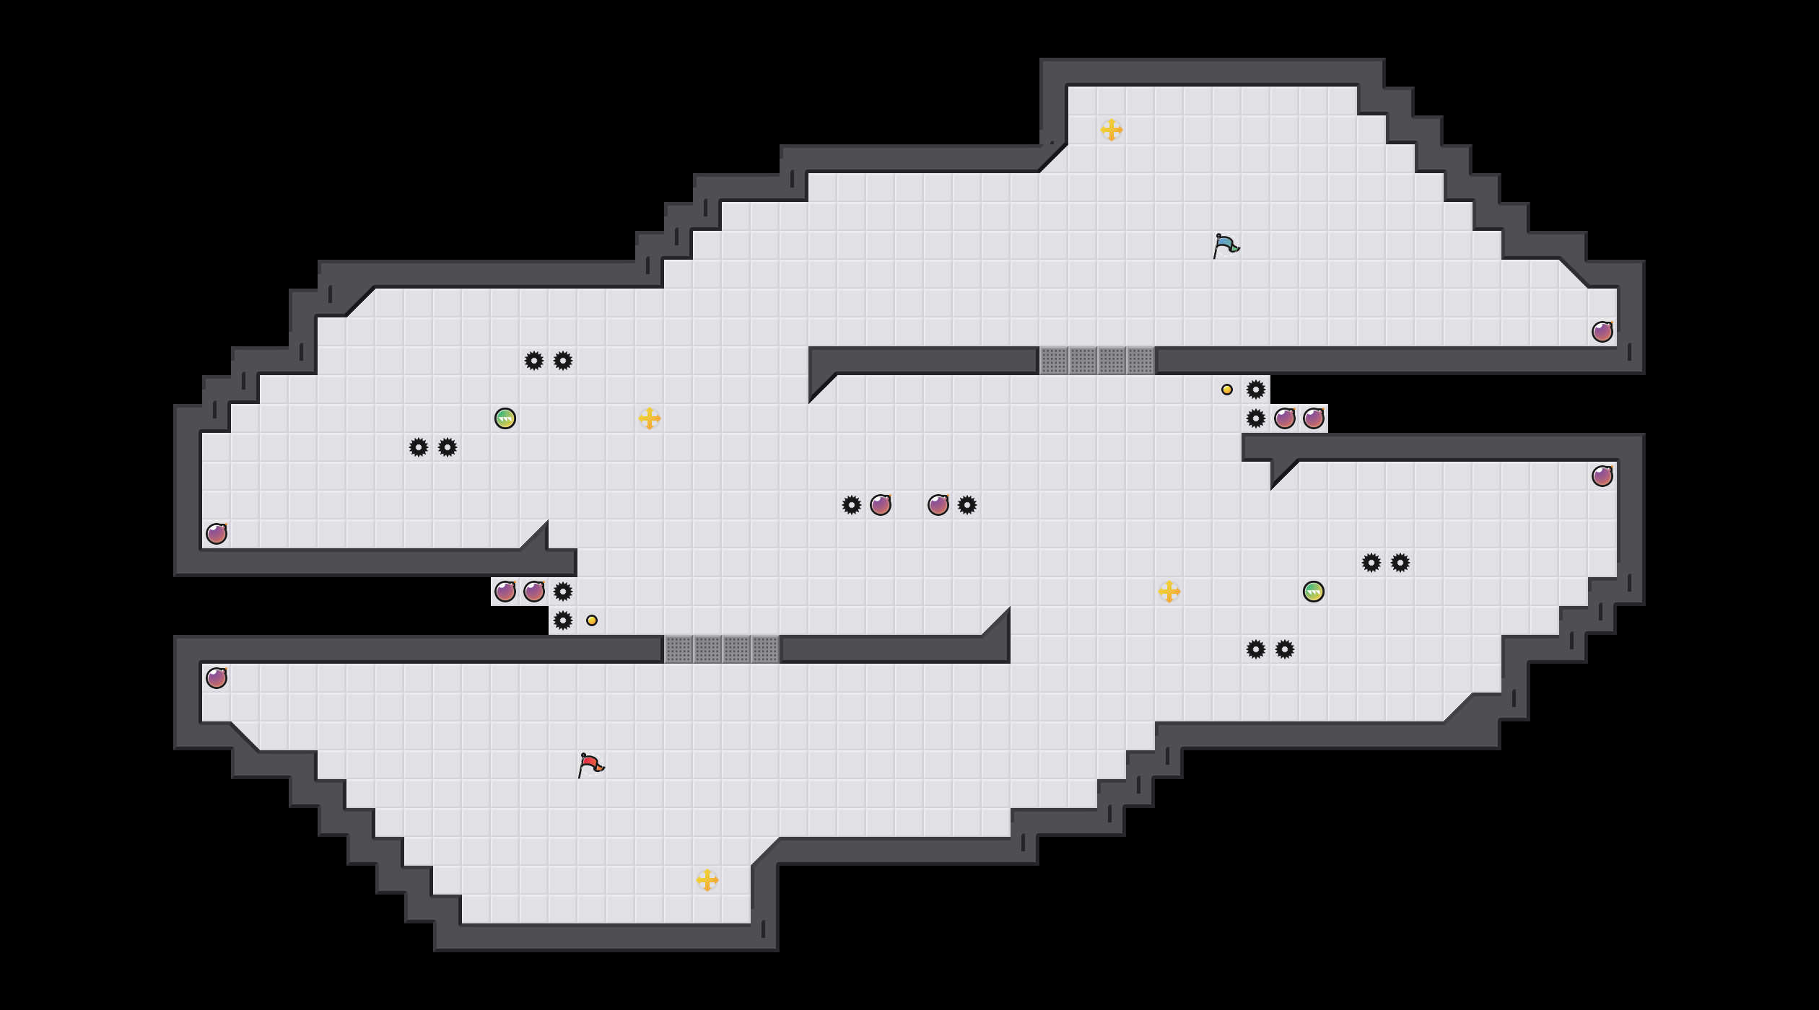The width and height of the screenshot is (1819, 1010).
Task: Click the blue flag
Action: pyautogui.click(x=1226, y=245)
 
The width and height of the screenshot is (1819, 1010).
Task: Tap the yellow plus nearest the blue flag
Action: pyautogui.click(x=1112, y=130)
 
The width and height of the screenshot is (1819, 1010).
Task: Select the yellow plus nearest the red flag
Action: pyautogui.click(x=707, y=880)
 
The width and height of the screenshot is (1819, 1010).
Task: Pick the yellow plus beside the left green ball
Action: pyautogui.click(x=650, y=418)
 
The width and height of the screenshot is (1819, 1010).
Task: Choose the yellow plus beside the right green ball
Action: pyautogui.click(x=1169, y=592)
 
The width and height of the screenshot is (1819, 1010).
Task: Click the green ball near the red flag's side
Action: pyautogui.click(x=505, y=418)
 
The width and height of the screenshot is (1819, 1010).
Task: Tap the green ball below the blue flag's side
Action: pyautogui.click(x=1314, y=592)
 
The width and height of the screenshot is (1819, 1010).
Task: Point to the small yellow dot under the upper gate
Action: pyautogui.click(x=1227, y=390)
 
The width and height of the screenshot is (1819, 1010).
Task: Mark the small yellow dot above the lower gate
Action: pyautogui.click(x=592, y=620)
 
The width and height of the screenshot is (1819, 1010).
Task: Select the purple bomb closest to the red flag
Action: pyautogui.click(x=534, y=592)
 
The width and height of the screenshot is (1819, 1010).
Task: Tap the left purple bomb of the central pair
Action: pyautogui.click(x=881, y=505)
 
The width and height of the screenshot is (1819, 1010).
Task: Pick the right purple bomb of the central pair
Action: pyautogui.click(x=938, y=505)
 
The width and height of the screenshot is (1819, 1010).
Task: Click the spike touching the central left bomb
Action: pyautogui.click(x=852, y=505)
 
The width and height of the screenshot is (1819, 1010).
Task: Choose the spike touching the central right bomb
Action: pyautogui.click(x=967, y=505)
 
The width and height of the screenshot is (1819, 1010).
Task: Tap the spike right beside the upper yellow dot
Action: pyautogui.click(x=1256, y=390)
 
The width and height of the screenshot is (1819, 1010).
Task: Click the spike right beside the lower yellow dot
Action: pyautogui.click(x=563, y=620)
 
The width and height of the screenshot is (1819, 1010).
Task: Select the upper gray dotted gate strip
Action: pyautogui.click(x=1097, y=361)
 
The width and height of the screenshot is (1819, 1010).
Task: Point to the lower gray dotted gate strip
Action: pyautogui.click(x=722, y=649)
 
